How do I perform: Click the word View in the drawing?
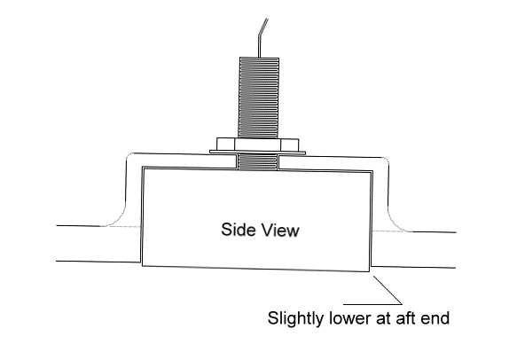tap(280, 230)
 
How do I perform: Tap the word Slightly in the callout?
tap(295, 318)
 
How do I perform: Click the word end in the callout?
tap(435, 318)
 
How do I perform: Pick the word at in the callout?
tap(383, 319)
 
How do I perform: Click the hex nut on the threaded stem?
tap(257, 145)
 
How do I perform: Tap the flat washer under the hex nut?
tap(257, 153)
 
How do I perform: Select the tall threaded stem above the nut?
tap(259, 98)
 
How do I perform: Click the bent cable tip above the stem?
tap(263, 26)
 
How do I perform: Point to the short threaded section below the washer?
tap(258, 162)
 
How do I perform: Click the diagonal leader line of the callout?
tap(388, 290)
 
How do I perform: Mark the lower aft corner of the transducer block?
tap(370, 271)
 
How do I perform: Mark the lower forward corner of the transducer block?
tap(142, 266)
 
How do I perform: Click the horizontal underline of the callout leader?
tap(372, 304)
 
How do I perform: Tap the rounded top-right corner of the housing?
tap(386, 160)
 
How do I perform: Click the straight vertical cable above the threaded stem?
tap(259, 45)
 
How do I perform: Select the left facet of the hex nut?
tap(225, 145)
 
